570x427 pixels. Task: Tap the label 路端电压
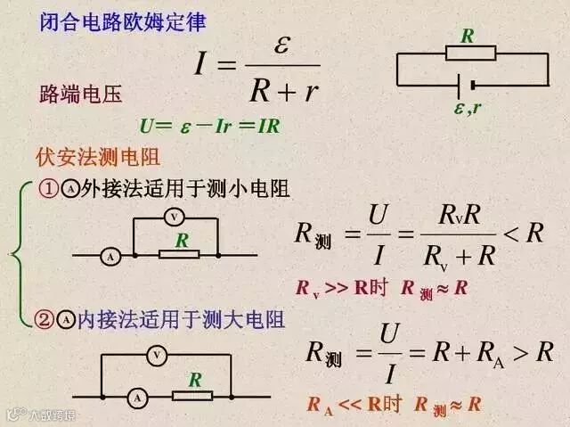click(81, 94)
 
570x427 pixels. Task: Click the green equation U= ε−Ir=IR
click(210, 126)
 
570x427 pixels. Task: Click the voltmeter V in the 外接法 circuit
click(175, 218)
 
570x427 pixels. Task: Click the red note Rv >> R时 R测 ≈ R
click(382, 289)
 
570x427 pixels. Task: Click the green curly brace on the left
click(19, 255)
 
